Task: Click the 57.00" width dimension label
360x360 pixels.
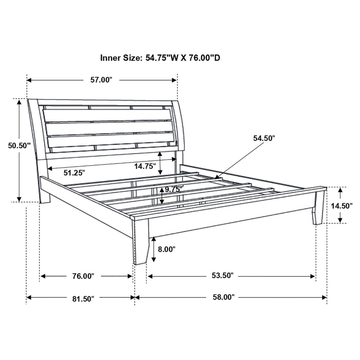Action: point(101,80)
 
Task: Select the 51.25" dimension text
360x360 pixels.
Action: point(74,173)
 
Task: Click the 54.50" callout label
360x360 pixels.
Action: point(264,138)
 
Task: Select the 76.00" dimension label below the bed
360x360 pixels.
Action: point(83,276)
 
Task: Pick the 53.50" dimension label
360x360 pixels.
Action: point(222,276)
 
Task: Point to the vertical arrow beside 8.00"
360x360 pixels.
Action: point(153,249)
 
